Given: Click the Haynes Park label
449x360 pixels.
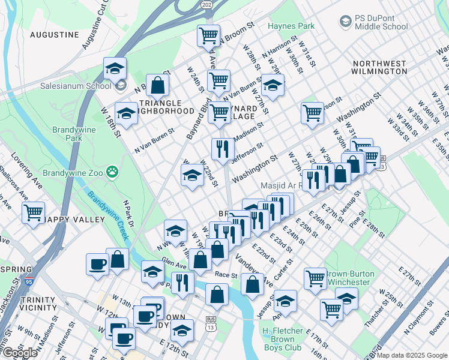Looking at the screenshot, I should click(x=291, y=26).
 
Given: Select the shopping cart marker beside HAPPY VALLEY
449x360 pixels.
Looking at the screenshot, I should click(x=34, y=212).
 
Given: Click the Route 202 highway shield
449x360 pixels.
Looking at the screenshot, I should click(x=206, y=5).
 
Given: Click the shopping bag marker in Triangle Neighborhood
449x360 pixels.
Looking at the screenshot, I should click(x=157, y=86).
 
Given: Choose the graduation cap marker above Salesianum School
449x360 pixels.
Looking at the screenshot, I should click(x=115, y=69).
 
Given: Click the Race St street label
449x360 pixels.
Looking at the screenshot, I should click(x=227, y=275).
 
